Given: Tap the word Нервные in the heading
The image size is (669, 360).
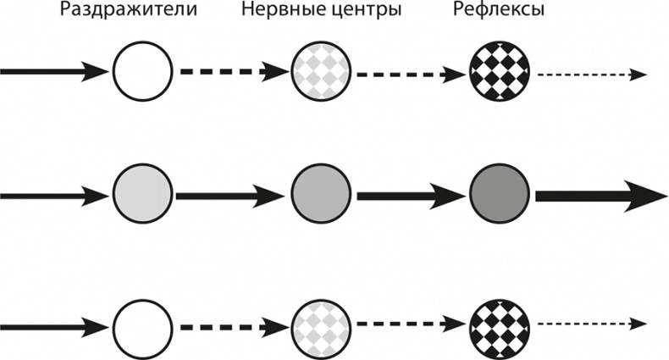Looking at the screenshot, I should pos(274,13).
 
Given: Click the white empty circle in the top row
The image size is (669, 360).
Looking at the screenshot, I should pos(142,72).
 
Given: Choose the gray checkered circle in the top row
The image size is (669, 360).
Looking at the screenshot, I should pos(320,72).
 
